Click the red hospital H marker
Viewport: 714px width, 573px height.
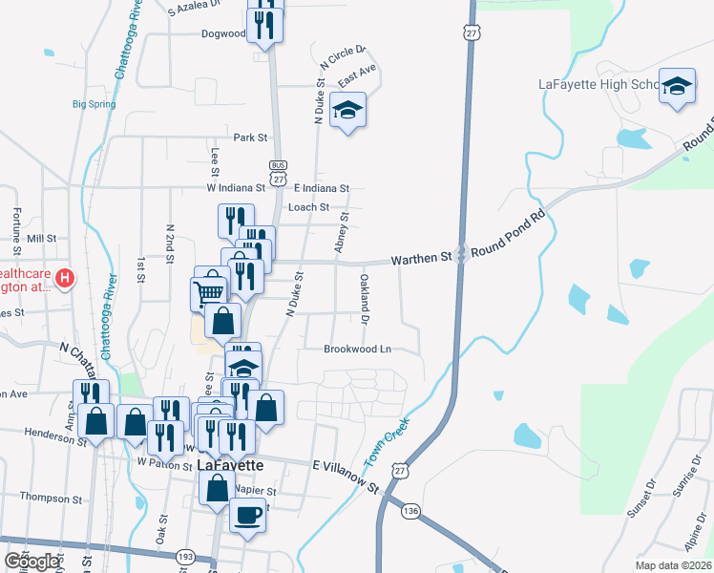click(x=64, y=279)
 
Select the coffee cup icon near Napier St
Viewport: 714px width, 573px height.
click(x=248, y=516)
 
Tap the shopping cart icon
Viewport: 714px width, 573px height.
click(x=210, y=287)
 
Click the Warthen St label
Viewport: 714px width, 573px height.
click(x=421, y=259)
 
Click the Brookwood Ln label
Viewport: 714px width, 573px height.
click(x=358, y=350)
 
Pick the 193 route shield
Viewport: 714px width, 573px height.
click(x=185, y=556)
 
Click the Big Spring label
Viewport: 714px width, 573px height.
click(x=94, y=105)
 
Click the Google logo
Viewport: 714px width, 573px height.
click(x=31, y=562)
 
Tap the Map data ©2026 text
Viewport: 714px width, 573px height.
click(x=673, y=565)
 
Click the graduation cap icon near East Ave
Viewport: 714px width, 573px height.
click(x=347, y=112)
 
